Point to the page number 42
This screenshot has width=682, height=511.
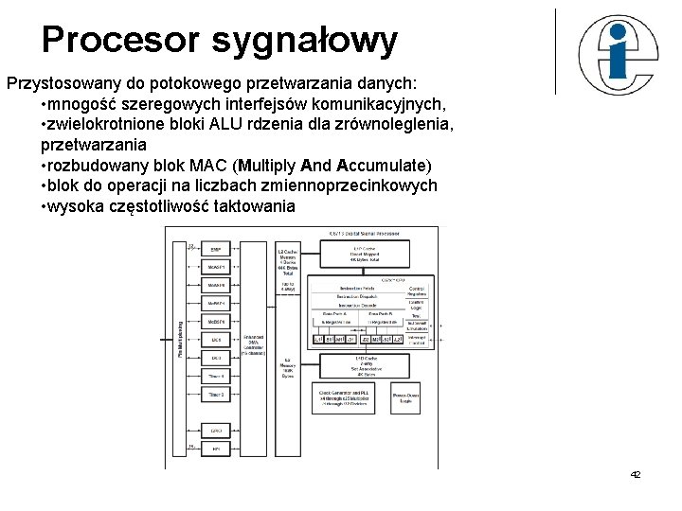pyautogui.click(x=635, y=474)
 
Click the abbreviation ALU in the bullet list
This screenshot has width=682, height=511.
pyautogui.click(x=247, y=124)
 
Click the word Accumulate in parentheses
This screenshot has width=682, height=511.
pyautogui.click(x=382, y=166)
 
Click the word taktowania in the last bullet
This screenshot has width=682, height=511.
pyautogui.click(x=255, y=206)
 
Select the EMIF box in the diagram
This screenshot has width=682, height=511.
pyautogui.click(x=216, y=250)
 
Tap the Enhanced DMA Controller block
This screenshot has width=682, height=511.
pyautogui.click(x=254, y=344)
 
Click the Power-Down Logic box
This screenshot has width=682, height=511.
pyautogui.click(x=405, y=397)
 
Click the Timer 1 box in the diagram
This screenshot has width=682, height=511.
pyautogui.click(x=216, y=376)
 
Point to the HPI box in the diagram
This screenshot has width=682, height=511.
pyautogui.click(x=216, y=448)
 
